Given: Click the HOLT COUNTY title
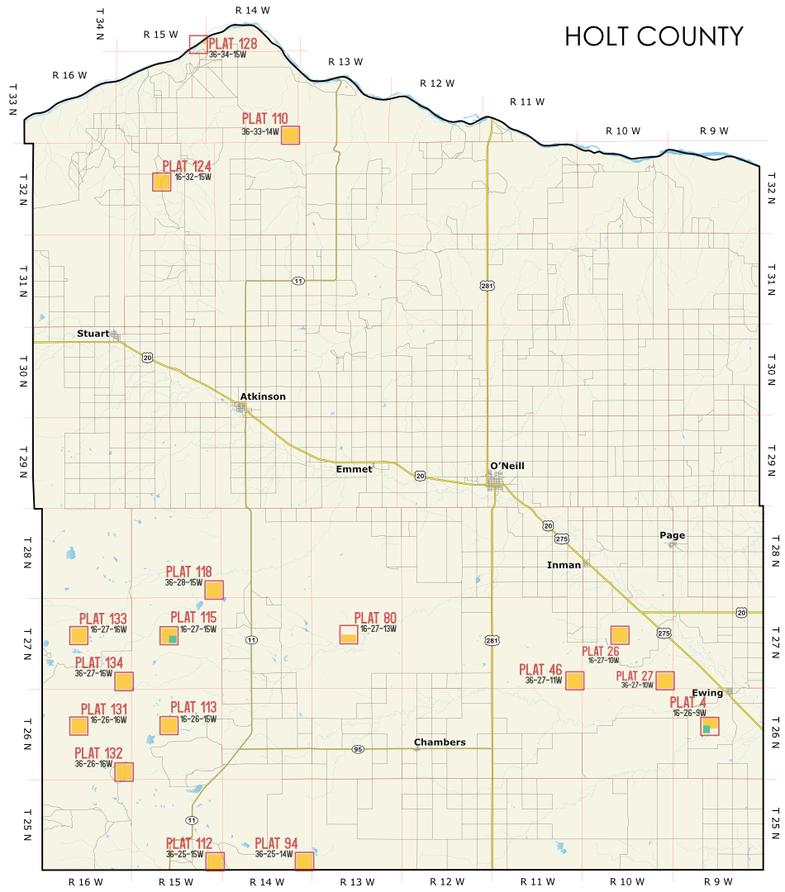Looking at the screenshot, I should coord(654,37).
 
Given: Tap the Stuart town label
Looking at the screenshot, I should coord(93,334).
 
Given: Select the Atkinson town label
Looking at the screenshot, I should coord(263,396).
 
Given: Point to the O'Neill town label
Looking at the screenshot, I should coord(507,466).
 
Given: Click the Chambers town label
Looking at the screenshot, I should coord(440,742).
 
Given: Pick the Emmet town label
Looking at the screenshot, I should coord(354,469).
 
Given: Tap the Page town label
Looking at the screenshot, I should coord(672,535).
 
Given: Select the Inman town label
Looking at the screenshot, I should coord(564,565).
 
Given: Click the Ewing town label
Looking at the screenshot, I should coord(708,693).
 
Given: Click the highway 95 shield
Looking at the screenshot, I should coord(358,749).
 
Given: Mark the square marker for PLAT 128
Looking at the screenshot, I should coord(198,45).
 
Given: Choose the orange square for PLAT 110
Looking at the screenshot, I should coord(290,135).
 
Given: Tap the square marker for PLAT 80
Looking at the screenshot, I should coord(350,634).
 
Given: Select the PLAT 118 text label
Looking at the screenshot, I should coord(188,572).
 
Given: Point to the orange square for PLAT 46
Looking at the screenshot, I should coord(574,681).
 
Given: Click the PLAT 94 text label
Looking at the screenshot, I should coord(276,843).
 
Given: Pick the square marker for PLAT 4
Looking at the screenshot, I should coord(709,727).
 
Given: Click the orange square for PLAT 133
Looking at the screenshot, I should coord(78,635).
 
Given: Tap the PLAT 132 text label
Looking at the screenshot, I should coord(98,753).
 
